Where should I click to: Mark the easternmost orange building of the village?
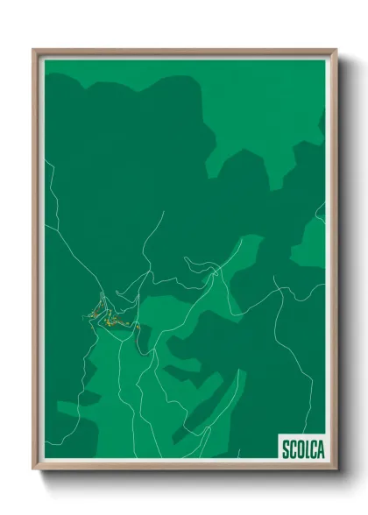[138, 327]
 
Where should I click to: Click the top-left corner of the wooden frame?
[35, 51]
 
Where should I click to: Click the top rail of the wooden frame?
[184, 52]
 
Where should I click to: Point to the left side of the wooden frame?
[36, 263]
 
